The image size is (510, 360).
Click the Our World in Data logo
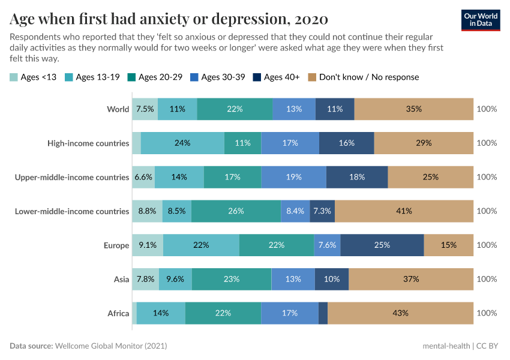point(481,19)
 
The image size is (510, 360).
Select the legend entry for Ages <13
point(34,77)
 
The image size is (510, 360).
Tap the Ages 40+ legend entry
point(276,77)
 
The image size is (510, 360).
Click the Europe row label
point(116,245)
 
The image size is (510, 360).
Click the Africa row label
point(118,313)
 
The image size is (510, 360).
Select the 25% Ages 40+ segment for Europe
point(382,245)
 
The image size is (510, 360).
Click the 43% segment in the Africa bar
point(400,313)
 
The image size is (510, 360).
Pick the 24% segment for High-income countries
point(182,143)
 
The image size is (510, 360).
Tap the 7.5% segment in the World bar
point(145,109)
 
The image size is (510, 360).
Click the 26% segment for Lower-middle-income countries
point(236,211)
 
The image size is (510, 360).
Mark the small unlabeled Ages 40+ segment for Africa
point(323,313)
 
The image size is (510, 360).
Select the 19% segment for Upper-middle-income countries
point(293,177)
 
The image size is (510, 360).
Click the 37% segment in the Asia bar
point(411,279)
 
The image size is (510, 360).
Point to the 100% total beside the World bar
point(487,109)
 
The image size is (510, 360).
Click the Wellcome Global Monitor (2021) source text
point(110,346)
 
